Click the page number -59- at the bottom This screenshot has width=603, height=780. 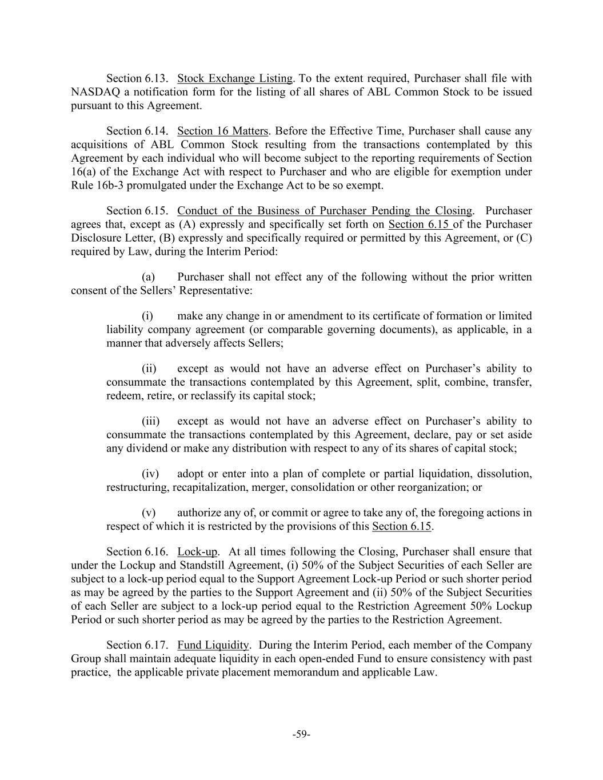pyautogui.click(x=301, y=734)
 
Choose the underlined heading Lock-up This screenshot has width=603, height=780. pyautogui.click(x=198, y=551)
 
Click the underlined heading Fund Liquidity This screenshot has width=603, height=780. pyautogui.click(x=213, y=645)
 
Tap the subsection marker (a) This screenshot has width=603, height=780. pyautogui.click(x=149, y=277)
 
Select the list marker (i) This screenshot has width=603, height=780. pyautogui.click(x=148, y=316)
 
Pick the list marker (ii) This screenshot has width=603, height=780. pyautogui.click(x=149, y=369)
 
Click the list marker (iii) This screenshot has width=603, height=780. pyautogui.click(x=151, y=421)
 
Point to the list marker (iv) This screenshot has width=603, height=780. pyautogui.click(x=150, y=474)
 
